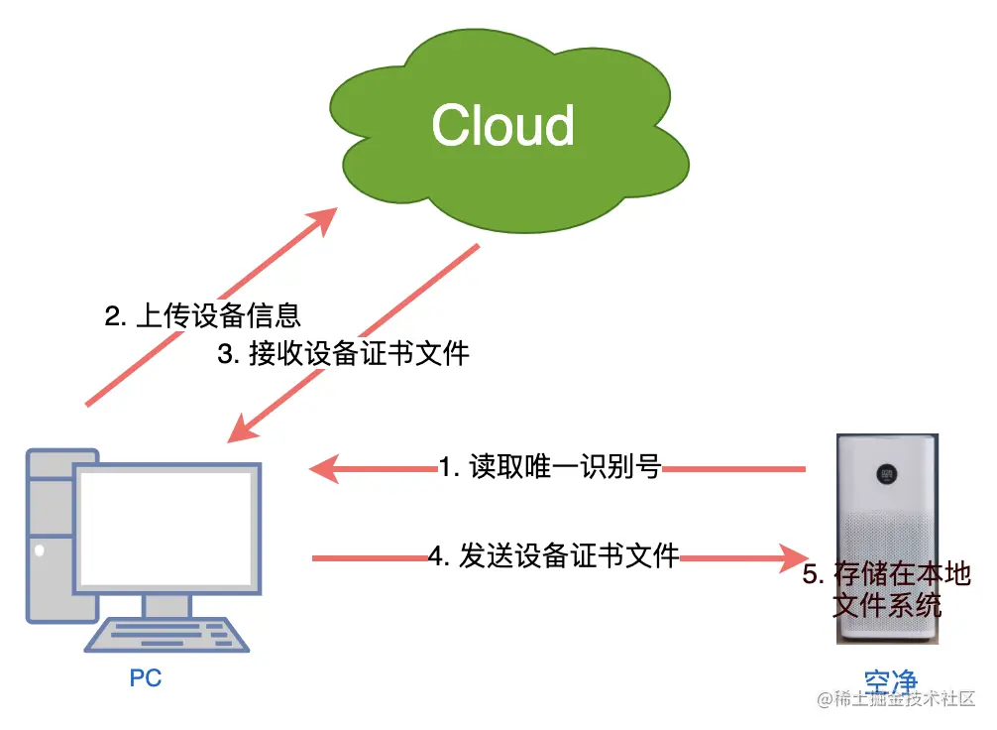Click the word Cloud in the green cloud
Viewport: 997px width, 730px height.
click(x=503, y=126)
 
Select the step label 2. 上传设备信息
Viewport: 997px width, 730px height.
click(x=202, y=316)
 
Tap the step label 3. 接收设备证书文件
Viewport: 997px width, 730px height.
click(x=343, y=354)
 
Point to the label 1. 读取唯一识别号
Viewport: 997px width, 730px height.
click(x=551, y=466)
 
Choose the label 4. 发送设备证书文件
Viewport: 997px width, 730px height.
click(x=554, y=556)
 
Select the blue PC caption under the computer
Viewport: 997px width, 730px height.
click(x=145, y=678)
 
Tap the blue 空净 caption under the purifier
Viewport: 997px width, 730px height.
click(x=890, y=682)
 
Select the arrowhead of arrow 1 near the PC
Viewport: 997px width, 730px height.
click(x=324, y=467)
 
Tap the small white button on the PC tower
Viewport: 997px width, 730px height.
click(x=40, y=548)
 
